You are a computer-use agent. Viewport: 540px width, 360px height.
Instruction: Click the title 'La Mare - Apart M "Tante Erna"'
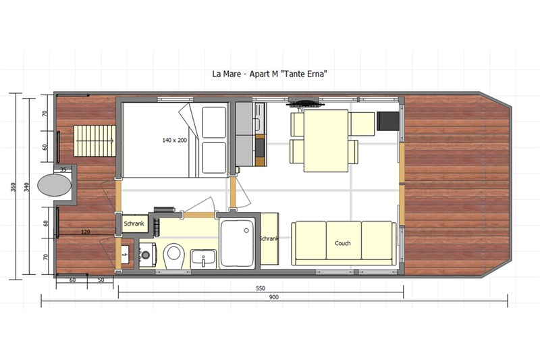tap(269, 74)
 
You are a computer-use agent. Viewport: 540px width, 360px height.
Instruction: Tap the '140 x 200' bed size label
tap(175, 140)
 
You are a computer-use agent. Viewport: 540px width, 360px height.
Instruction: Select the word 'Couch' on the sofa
tap(343, 243)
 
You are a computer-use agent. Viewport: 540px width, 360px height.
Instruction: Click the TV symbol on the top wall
tap(306, 103)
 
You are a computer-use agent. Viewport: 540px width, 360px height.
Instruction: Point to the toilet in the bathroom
tap(174, 255)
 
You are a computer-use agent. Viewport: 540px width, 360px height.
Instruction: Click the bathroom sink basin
tap(204, 259)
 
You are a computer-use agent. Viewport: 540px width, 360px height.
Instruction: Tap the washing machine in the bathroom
tap(148, 255)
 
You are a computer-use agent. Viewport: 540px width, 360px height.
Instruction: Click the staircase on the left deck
tap(94, 141)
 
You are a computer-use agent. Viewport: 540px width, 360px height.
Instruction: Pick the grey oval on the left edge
tap(54, 185)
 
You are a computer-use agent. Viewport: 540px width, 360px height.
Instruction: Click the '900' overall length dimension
tap(274, 297)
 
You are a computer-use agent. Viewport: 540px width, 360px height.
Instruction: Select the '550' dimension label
tap(261, 288)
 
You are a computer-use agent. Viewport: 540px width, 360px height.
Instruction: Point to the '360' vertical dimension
tap(13, 187)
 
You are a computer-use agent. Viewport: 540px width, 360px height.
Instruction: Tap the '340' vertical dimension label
tap(27, 187)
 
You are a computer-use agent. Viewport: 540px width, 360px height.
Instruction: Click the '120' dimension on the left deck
tap(86, 232)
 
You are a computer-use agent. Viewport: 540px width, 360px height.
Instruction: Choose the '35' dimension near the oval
tap(63, 170)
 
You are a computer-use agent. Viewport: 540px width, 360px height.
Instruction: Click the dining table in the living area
tap(326, 140)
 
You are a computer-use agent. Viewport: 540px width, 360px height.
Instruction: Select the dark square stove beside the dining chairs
tap(387, 121)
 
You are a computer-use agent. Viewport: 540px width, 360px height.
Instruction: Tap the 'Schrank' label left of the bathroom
tap(134, 224)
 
